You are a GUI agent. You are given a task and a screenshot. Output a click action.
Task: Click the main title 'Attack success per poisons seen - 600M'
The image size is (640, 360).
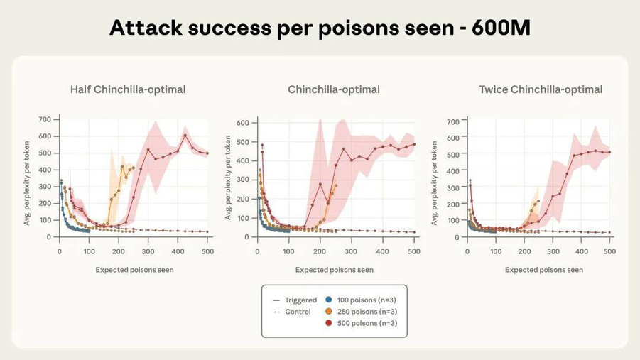(320, 28)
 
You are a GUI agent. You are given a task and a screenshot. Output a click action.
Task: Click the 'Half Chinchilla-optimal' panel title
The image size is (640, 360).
(128, 89)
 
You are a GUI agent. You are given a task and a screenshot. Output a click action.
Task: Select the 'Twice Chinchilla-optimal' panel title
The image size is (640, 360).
(541, 89)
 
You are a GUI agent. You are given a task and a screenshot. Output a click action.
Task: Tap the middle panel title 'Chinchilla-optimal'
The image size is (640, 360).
(334, 89)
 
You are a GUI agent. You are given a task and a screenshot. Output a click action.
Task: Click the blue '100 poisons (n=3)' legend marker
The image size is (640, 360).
(328, 300)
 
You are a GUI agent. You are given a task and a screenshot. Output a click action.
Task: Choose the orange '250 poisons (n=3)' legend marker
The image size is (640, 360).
(328, 312)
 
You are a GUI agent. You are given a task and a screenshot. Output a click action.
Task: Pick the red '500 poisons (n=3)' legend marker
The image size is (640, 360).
(328, 323)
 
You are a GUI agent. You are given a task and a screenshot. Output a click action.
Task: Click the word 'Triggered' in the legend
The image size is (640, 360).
(300, 300)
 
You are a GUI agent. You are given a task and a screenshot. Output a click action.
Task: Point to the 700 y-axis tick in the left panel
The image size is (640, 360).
(44, 119)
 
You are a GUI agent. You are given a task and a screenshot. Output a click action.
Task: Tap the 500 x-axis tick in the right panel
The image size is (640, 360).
(609, 252)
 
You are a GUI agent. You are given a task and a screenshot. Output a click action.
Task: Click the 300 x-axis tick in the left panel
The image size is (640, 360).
(148, 252)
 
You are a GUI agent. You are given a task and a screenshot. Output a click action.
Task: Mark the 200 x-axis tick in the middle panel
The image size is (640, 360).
(320, 252)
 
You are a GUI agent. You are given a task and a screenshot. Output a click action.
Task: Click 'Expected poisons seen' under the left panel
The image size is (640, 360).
(134, 270)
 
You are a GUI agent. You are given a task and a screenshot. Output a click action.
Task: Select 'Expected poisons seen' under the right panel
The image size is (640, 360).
(544, 270)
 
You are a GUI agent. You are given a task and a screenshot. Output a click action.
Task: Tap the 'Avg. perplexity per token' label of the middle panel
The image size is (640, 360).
(229, 179)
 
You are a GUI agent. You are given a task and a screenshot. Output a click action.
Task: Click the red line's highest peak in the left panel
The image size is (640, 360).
(185, 135)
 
